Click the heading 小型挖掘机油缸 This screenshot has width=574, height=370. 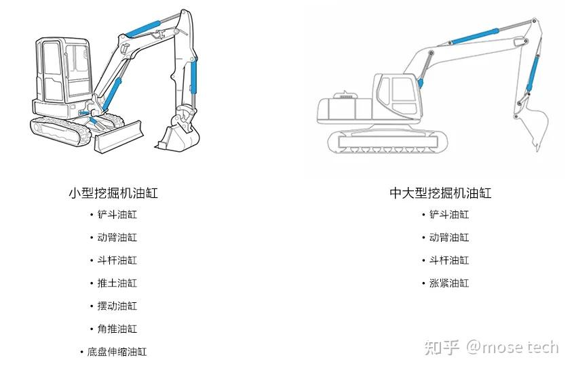pyautogui.click(x=113, y=193)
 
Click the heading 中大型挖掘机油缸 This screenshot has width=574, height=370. pyautogui.click(x=440, y=193)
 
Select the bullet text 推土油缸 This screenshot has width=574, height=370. pyautogui.click(x=117, y=283)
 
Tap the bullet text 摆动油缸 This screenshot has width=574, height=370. pyautogui.click(x=117, y=306)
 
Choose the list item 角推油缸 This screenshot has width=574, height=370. pyautogui.click(x=117, y=329)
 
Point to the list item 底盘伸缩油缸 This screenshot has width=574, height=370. pyautogui.click(x=117, y=352)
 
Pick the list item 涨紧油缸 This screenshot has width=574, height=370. pyautogui.click(x=448, y=283)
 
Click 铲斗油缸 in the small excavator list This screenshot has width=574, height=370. pyautogui.click(x=117, y=215)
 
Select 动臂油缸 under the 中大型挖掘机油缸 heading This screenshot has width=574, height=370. pyautogui.click(x=448, y=238)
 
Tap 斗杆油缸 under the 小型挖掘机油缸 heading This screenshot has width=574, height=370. pyautogui.click(x=117, y=260)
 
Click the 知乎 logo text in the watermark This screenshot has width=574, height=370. pyautogui.click(x=442, y=347)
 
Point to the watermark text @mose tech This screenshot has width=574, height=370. pyautogui.click(x=512, y=347)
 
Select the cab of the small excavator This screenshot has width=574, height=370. pyautogui.click(x=62, y=75)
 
